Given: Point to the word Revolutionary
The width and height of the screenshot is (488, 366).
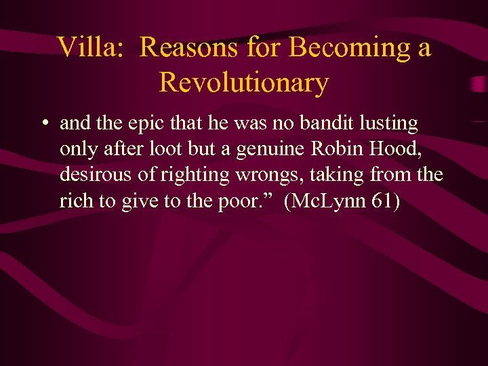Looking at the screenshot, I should [244, 83].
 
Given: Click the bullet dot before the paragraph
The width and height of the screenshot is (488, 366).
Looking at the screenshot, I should [43, 125].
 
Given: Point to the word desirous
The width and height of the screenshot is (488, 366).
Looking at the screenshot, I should [91, 175].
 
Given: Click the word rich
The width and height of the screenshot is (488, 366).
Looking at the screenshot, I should [74, 201].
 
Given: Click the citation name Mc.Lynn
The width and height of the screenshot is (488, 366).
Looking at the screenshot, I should [328, 201].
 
